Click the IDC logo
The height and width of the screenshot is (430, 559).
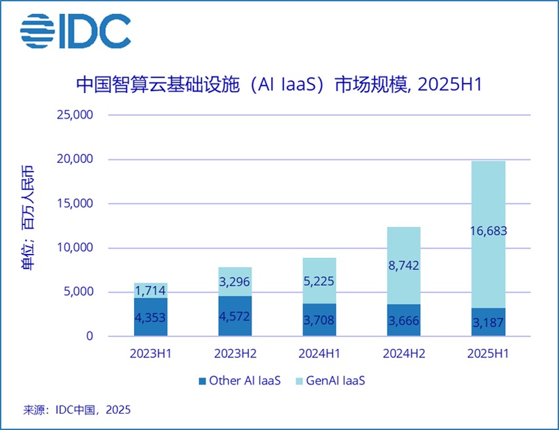point(75,31)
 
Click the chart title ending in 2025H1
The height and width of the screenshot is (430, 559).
point(279,85)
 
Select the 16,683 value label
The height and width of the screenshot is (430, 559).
point(488,231)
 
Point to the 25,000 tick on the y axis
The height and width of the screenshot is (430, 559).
point(73,115)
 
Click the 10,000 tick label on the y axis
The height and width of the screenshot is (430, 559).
point(73,248)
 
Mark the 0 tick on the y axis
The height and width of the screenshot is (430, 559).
point(89,336)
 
